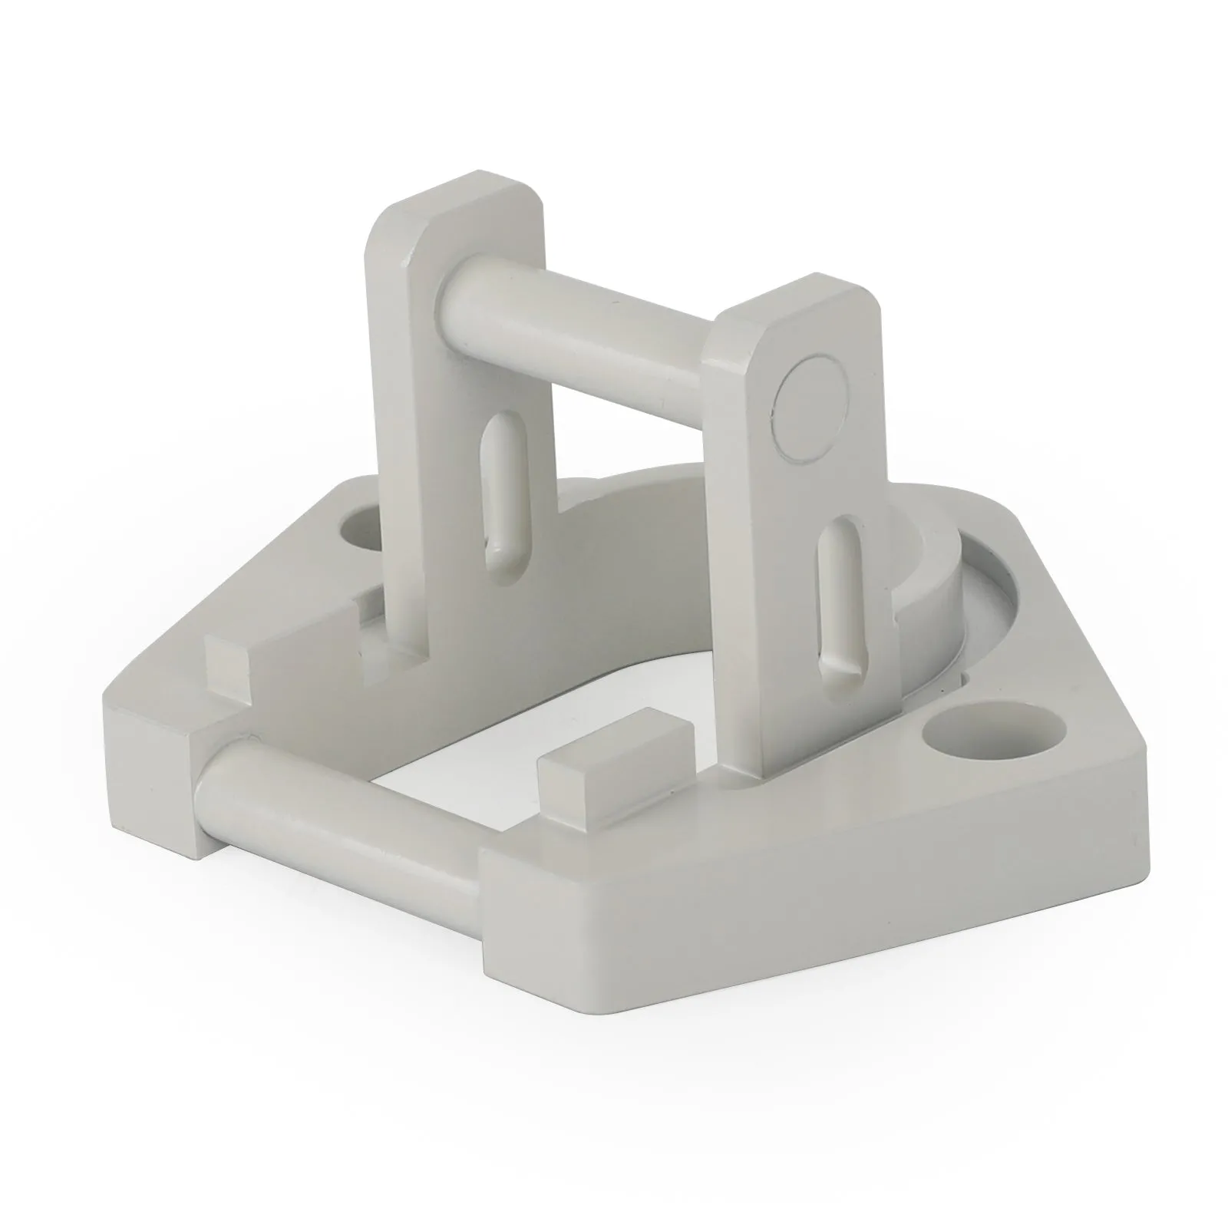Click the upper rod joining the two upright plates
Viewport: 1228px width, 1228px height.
[x=583, y=338]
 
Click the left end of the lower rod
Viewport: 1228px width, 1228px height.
[x=211, y=791]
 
